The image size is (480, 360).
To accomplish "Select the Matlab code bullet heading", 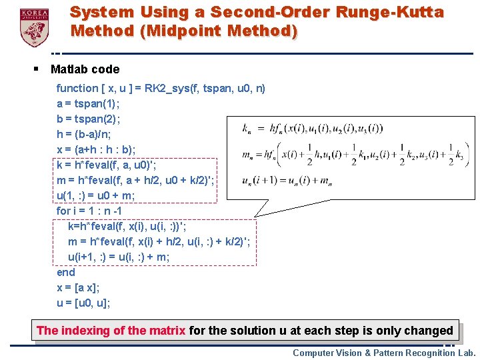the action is click(85, 69).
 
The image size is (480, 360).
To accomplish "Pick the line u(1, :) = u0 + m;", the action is click(96, 195).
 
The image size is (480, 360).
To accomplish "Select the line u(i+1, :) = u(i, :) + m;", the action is click(119, 257).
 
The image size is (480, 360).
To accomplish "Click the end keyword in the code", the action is click(66, 272).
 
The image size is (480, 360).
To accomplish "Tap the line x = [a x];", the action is click(78, 287).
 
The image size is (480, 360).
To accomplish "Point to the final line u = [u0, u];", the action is click(83, 303).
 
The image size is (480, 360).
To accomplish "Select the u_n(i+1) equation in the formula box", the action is click(287, 181).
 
